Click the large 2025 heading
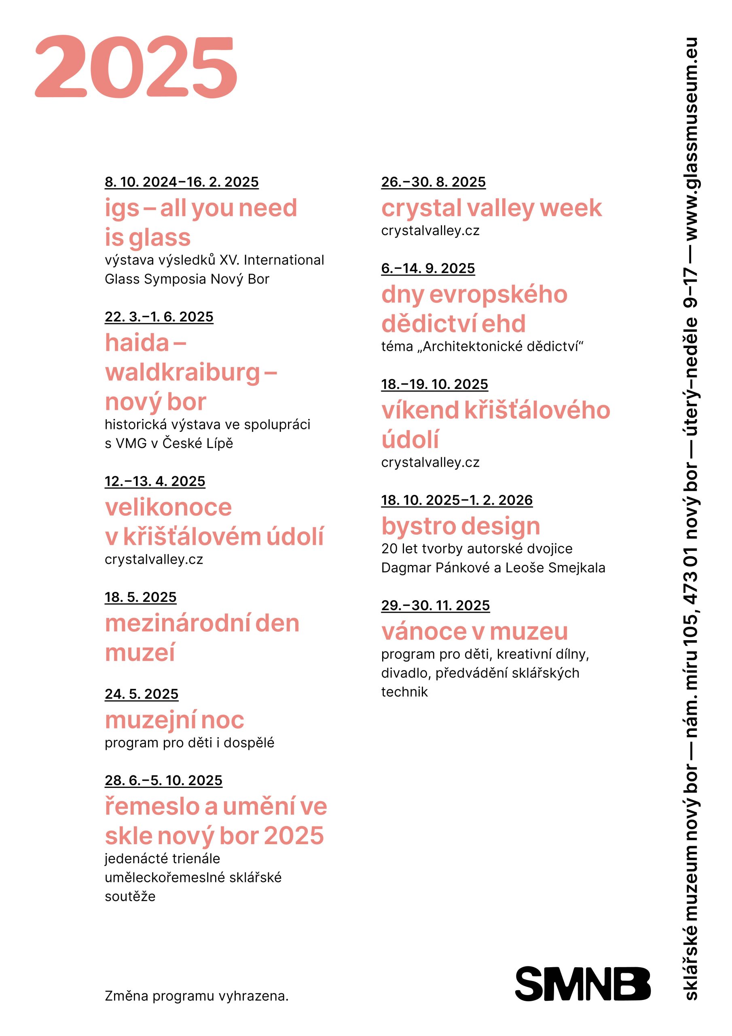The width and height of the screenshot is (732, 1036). pyautogui.click(x=136, y=67)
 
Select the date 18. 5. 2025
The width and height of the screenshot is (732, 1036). pyautogui.click(x=140, y=597)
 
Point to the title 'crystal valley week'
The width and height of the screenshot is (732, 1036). pyautogui.click(x=491, y=208)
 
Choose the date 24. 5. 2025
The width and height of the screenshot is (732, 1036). pyautogui.click(x=141, y=694)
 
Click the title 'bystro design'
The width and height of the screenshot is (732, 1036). pyautogui.click(x=461, y=526)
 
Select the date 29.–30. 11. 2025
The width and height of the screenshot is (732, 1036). pyautogui.click(x=435, y=605)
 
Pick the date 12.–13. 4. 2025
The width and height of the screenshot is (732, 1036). pyautogui.click(x=155, y=482)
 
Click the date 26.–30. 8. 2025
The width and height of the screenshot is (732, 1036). pyautogui.click(x=433, y=182)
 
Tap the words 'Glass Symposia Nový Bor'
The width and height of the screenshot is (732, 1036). pyautogui.click(x=187, y=279)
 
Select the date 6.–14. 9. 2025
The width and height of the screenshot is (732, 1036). pyautogui.click(x=427, y=268)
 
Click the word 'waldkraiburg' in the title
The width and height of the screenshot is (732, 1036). pyautogui.click(x=183, y=373)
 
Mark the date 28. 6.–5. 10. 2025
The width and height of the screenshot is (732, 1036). pyautogui.click(x=163, y=781)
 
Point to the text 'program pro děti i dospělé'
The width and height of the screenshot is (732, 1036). pyautogui.click(x=189, y=743)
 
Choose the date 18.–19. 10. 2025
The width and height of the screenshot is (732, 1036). pyautogui.click(x=434, y=384)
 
